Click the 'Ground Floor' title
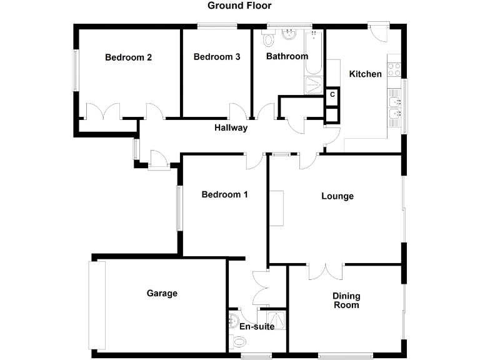click(240, 6)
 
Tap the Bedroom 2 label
click(128, 57)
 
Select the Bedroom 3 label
click(217, 57)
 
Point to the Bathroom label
click(287, 56)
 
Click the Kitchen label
click(365, 74)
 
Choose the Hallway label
click(231, 128)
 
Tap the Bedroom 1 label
click(224, 194)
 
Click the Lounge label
click(337, 196)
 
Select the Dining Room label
click(346, 301)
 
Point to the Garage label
click(162, 293)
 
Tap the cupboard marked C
click(332, 95)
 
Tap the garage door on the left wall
click(97, 305)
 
